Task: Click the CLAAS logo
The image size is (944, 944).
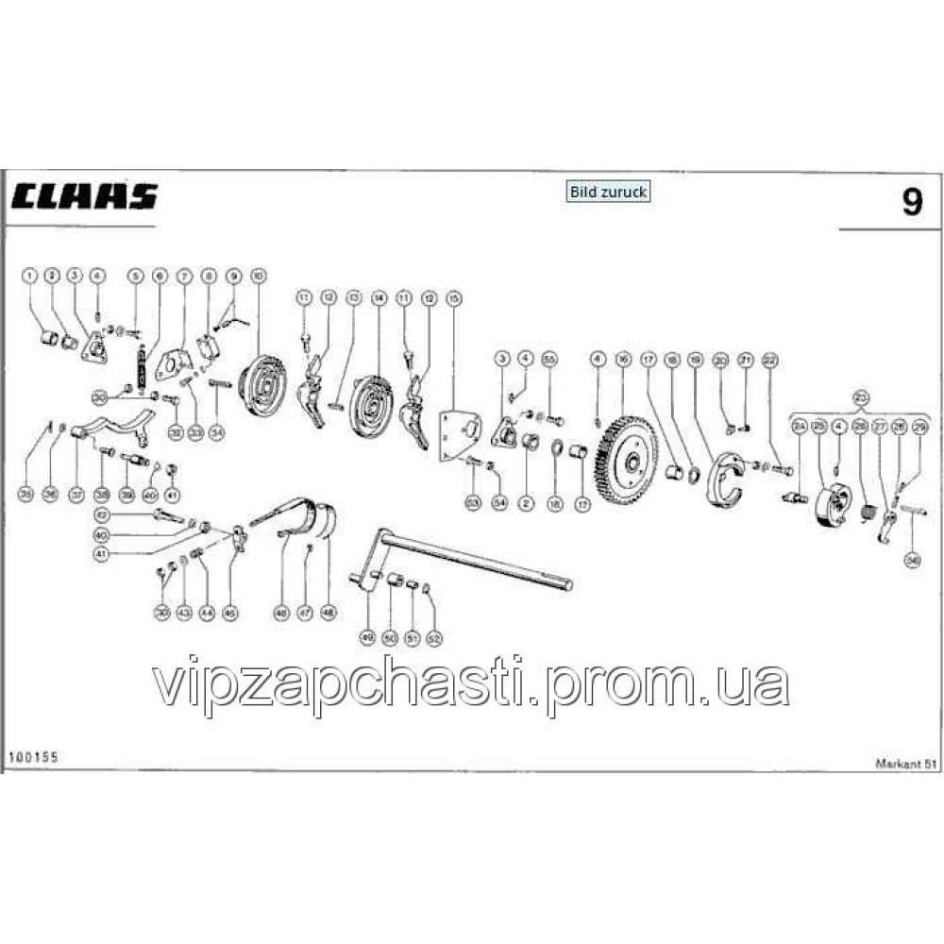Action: tap(85, 197)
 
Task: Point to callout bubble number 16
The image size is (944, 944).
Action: tap(622, 359)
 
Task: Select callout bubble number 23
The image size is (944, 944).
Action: tap(860, 396)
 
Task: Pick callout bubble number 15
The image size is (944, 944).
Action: tap(454, 299)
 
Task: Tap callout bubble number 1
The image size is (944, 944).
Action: tap(30, 275)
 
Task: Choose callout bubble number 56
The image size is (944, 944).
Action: tap(913, 561)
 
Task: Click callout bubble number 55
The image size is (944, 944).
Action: tap(550, 359)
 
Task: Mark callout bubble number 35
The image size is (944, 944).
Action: tap(25, 493)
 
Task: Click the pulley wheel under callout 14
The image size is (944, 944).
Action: tap(371, 404)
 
